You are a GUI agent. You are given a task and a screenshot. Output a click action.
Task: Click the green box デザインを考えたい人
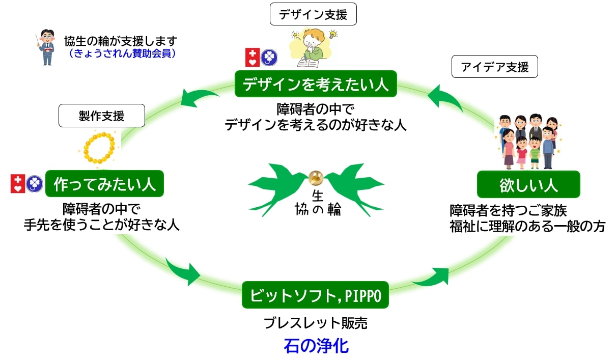pos(315,84)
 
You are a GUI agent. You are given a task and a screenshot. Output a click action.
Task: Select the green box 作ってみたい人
pos(104,184)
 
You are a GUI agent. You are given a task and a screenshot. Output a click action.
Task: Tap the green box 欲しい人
pos(528,184)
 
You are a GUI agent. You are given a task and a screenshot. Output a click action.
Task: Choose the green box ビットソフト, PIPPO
pos(315,295)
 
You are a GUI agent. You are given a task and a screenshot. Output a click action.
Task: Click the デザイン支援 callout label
pos(313,15)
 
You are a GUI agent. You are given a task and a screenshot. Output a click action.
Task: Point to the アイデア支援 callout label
pos(494,67)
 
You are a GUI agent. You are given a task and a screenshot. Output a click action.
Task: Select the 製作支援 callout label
pos(102,116)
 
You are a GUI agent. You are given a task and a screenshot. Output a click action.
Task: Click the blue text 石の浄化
pos(316,346)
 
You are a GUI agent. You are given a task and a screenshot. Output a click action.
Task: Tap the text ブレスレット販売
pos(315,323)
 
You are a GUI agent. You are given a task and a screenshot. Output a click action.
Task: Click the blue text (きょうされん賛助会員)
pos(122,54)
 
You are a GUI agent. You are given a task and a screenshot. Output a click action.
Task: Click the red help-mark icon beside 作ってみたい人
pos(18,184)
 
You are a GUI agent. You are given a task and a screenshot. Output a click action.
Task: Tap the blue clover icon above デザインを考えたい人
pos(269,58)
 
